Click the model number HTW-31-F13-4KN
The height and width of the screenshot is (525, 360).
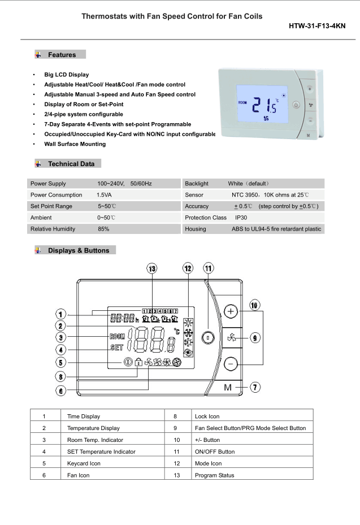tap(316, 26)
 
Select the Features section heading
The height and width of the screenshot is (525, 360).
tap(61, 55)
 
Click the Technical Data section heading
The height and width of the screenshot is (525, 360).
tap(71, 164)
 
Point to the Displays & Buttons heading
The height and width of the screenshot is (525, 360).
tap(78, 250)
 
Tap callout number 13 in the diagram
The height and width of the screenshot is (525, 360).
tap(151, 269)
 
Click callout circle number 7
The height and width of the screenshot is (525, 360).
tap(256, 387)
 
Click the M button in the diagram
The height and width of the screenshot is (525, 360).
tap(228, 388)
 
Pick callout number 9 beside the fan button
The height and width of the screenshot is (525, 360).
tap(255, 338)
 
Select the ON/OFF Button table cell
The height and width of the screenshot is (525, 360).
tap(214, 452)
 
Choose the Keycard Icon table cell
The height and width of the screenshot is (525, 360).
tap(84, 463)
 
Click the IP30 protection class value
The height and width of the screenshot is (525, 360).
tap(241, 218)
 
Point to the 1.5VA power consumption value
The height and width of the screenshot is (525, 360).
tap(104, 195)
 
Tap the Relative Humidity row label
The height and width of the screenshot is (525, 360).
tap(53, 229)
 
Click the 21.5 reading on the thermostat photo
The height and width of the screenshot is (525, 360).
tap(263, 106)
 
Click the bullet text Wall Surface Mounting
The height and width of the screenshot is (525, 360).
tap(75, 144)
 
